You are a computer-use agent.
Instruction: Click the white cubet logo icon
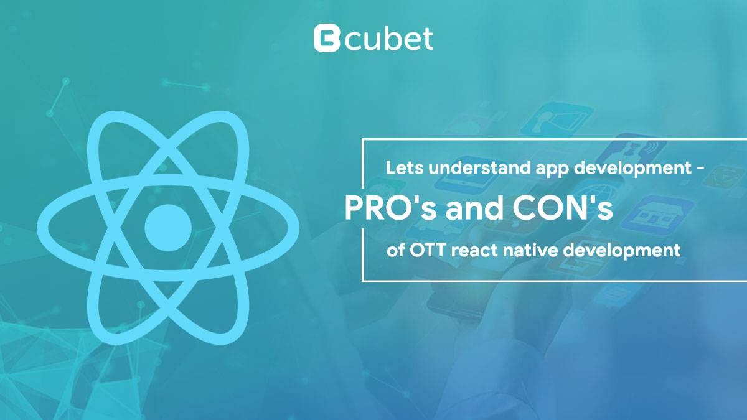[x=327, y=39]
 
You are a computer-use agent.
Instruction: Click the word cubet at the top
[x=389, y=39]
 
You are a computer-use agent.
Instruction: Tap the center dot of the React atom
[x=168, y=228]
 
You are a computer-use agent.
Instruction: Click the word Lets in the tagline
[x=405, y=168]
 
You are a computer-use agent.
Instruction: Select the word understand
[x=479, y=168]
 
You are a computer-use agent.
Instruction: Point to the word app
[x=552, y=170]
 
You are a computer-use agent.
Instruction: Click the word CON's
[x=563, y=208]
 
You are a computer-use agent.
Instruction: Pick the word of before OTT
[x=395, y=250]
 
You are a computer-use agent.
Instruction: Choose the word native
[x=530, y=250]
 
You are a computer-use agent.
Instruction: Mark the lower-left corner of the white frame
[x=363, y=281]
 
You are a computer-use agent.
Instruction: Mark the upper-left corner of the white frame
[x=363, y=140]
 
